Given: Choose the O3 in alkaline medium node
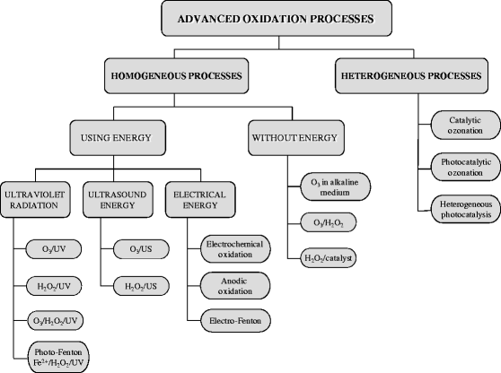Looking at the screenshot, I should (328, 190).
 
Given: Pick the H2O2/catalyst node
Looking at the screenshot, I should (328, 259).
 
